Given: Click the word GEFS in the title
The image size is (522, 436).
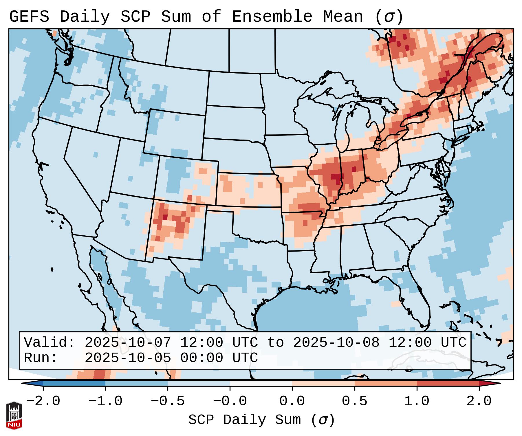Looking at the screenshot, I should click(x=29, y=17).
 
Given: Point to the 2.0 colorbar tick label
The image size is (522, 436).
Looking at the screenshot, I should click(x=479, y=401).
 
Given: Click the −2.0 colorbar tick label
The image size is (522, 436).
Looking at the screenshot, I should click(x=43, y=401).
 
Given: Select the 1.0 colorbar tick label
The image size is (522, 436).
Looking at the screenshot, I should click(x=417, y=401).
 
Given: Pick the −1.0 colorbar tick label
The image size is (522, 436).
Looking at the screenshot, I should click(x=105, y=401).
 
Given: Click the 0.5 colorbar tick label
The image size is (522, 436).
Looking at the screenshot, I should click(x=354, y=401).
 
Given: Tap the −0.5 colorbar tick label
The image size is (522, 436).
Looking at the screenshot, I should click(x=168, y=401).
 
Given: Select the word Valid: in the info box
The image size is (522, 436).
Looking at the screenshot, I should click(x=50, y=342).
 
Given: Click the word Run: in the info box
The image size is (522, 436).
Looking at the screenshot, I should click(x=41, y=358).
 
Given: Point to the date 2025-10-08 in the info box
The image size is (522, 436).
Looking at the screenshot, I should click(x=336, y=342).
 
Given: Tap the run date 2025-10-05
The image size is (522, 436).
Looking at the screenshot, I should click(x=128, y=358).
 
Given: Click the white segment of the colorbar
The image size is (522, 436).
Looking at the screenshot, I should click(x=261, y=383).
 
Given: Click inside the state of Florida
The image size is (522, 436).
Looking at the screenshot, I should click(x=420, y=304).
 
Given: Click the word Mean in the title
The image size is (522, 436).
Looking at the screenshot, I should click(x=343, y=17).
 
